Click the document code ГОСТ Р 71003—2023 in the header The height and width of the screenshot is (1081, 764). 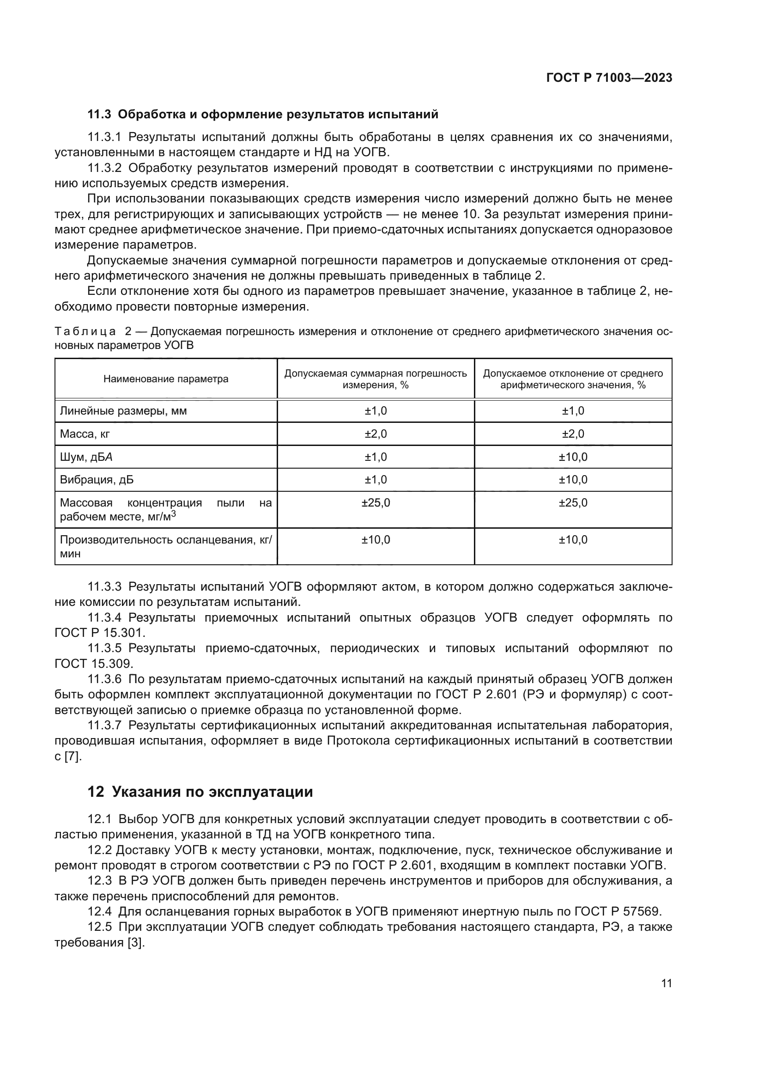point(609,78)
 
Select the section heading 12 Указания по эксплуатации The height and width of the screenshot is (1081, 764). point(200,791)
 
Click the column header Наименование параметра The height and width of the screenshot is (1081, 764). point(166,379)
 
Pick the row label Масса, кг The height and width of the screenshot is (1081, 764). point(85,434)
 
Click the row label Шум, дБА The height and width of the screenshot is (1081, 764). point(86,457)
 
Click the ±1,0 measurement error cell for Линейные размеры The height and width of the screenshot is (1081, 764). point(376,411)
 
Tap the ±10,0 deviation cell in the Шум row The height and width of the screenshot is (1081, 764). point(572,457)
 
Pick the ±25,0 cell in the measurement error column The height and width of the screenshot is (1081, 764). point(376,503)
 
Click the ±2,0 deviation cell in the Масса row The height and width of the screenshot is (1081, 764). point(572,434)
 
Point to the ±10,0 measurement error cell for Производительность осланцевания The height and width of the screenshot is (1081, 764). point(376,540)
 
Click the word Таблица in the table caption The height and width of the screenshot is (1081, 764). point(85,331)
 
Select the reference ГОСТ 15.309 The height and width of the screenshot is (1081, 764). point(94,664)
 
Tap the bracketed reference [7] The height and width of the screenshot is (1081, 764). point(73,757)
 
